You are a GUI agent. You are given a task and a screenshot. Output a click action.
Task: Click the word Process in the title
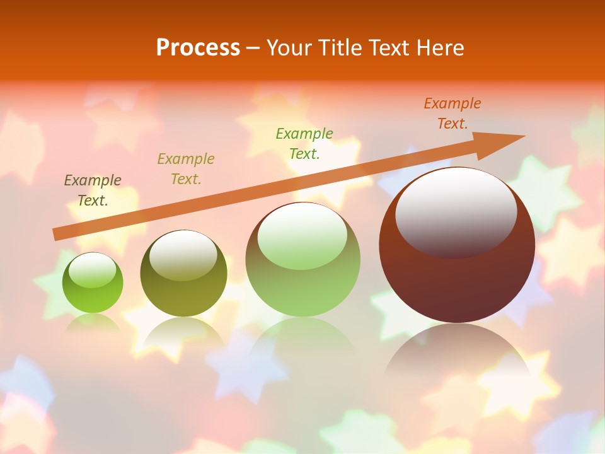[198, 48]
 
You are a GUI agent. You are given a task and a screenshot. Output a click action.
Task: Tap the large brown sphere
[457, 284]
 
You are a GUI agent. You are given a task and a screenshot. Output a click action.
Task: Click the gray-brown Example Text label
[93, 190]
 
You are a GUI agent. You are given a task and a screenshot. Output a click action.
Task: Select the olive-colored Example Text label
[186, 169]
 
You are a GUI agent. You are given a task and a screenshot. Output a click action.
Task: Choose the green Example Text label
[304, 143]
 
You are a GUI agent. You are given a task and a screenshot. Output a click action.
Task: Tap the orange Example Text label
[452, 113]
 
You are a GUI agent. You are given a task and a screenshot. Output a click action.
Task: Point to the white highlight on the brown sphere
[456, 211]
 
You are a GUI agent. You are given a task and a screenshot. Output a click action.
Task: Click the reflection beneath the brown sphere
[457, 353]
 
